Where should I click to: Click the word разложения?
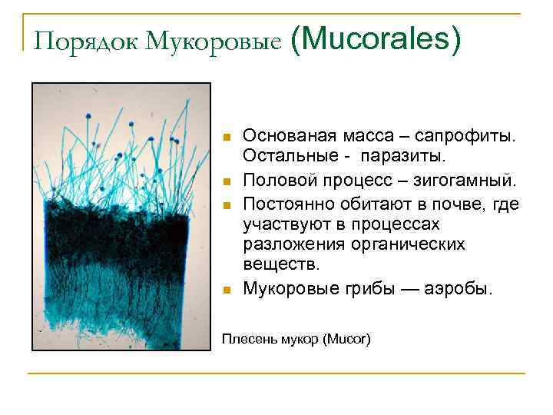tap(288, 244)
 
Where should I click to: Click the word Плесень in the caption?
tap(245, 338)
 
